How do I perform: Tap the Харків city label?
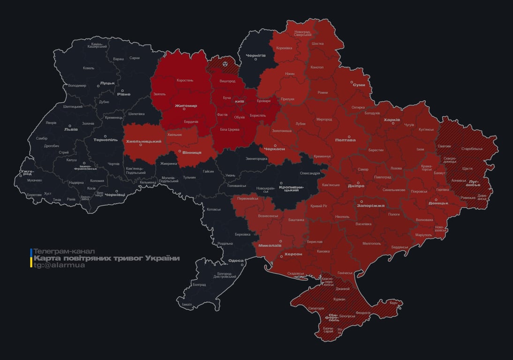point(392,120)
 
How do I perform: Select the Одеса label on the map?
point(236,261)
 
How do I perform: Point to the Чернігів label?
point(256,55)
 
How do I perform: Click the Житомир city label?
point(186,105)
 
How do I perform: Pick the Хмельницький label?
point(143,141)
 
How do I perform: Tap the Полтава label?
point(345,140)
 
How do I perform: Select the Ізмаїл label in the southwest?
point(187,304)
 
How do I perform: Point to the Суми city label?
point(359,85)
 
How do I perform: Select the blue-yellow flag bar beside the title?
point(31,258)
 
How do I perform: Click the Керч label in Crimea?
point(393,303)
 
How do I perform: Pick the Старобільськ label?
point(472,149)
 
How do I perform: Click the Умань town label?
point(230,175)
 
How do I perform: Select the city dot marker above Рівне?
point(123,90)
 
